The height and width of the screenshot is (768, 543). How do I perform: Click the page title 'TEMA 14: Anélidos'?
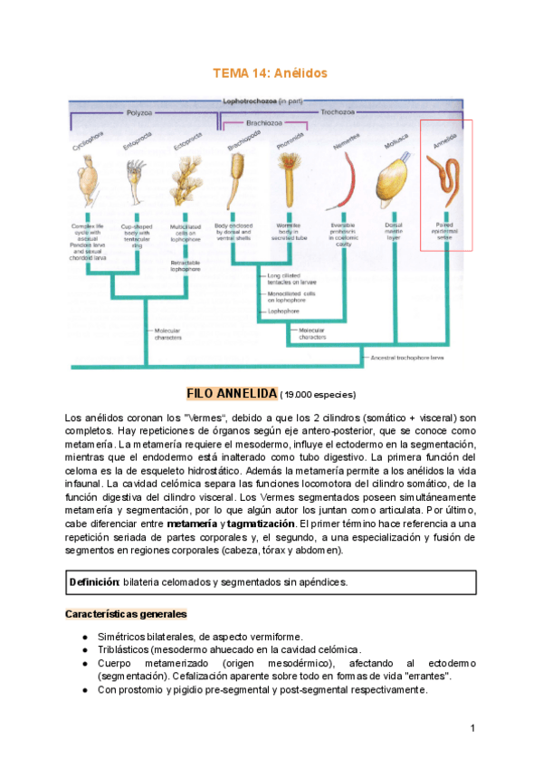click(x=269, y=72)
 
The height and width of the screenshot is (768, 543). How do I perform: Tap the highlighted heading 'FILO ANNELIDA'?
click(x=232, y=394)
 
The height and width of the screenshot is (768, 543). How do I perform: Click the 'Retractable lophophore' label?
click(x=186, y=266)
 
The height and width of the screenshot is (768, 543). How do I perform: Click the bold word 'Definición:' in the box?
click(x=95, y=581)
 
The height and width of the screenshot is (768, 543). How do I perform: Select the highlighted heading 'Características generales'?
click(x=126, y=614)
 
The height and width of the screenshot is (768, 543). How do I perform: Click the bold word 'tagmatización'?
click(x=262, y=523)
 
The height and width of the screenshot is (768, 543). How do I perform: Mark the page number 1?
click(x=472, y=729)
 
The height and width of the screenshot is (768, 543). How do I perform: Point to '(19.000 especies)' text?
click(x=318, y=395)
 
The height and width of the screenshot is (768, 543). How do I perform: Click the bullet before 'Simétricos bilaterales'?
click(x=84, y=636)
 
